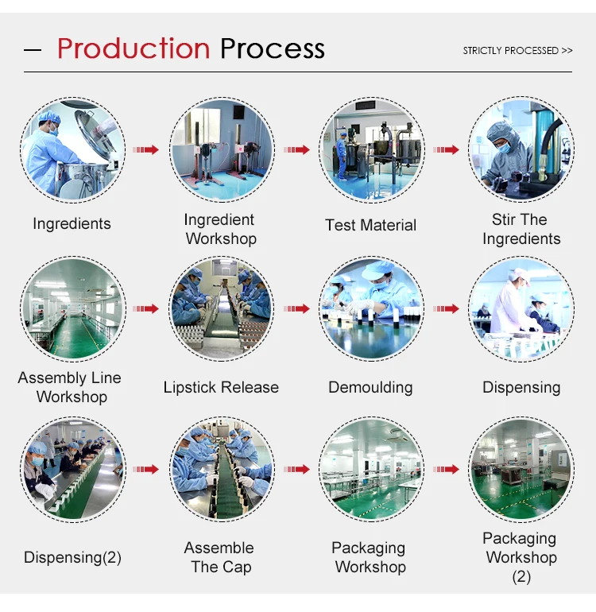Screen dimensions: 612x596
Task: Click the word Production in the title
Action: [x=133, y=48]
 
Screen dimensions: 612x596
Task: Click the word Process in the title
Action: [x=272, y=48]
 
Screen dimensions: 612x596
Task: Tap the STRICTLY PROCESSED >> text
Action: [x=517, y=50]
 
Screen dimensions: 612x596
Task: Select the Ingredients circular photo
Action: [x=72, y=150]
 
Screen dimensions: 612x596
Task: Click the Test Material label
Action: [x=370, y=226]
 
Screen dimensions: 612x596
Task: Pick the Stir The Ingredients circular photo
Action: [x=521, y=150]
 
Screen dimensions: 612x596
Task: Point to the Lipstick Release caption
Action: [x=221, y=388]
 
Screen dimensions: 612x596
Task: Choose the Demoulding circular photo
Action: [x=371, y=309]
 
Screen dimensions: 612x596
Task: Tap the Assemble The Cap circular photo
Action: [x=222, y=469]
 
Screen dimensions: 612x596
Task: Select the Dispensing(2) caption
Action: [x=72, y=558]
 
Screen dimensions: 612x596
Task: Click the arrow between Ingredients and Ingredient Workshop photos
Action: [x=146, y=149]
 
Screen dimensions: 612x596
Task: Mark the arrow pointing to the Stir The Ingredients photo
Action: [x=447, y=149]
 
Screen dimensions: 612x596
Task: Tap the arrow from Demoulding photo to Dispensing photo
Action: [x=447, y=309]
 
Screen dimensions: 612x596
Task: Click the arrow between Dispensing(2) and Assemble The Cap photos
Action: [x=146, y=469]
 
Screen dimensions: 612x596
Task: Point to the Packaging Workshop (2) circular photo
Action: [x=521, y=469]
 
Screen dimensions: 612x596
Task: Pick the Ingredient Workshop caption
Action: [x=220, y=229]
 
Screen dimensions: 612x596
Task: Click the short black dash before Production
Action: [x=33, y=50]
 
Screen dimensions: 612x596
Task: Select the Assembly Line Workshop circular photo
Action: [x=72, y=309]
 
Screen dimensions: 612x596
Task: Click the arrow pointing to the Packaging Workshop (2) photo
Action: [x=447, y=469]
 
